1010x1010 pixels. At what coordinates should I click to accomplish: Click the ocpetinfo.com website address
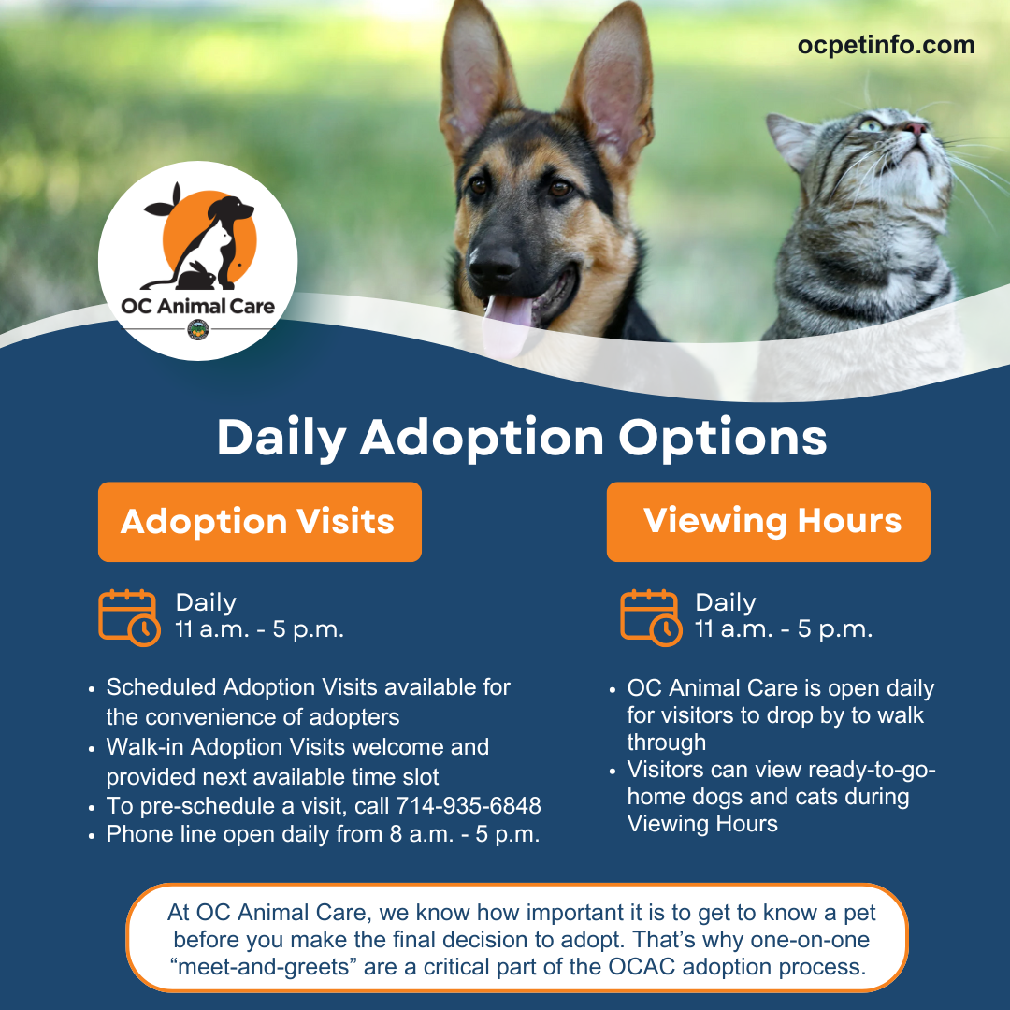[886, 46]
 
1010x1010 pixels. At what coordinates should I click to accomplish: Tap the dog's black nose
[494, 262]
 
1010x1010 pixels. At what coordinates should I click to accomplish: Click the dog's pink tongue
[508, 325]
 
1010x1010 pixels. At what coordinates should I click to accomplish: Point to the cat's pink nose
[915, 127]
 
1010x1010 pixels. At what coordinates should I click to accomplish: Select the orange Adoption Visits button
[260, 522]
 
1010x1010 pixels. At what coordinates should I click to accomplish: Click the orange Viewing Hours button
[768, 522]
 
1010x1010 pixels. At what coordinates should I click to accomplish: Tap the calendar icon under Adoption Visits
[129, 617]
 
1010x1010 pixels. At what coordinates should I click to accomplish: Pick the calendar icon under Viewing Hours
[651, 617]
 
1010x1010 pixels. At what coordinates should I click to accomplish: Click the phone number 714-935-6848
[469, 806]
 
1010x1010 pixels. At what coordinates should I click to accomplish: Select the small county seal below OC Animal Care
[197, 329]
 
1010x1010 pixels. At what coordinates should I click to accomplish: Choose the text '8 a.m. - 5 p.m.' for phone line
[465, 834]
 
